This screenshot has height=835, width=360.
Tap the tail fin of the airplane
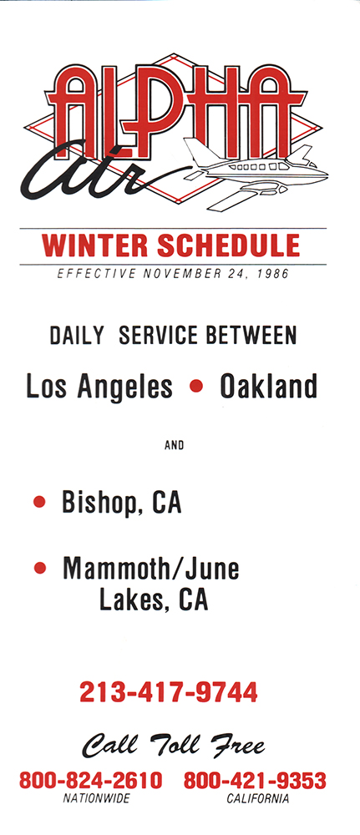click(x=200, y=152)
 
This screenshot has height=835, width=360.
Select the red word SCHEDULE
click(x=229, y=245)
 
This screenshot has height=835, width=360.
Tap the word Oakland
click(x=268, y=386)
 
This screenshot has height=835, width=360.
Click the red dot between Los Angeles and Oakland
click(x=196, y=386)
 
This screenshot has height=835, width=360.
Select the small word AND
click(x=174, y=445)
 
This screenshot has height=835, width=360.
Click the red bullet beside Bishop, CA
click(x=39, y=502)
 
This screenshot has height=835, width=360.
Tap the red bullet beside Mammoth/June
click(x=39, y=568)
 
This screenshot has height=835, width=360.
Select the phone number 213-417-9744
click(x=169, y=692)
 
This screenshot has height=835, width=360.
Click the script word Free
click(x=237, y=744)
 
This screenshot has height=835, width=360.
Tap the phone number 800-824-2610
click(x=90, y=781)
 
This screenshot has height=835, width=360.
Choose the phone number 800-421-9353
click(x=255, y=781)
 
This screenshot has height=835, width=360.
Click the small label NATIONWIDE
click(x=96, y=798)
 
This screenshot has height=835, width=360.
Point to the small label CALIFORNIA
click(x=258, y=798)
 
